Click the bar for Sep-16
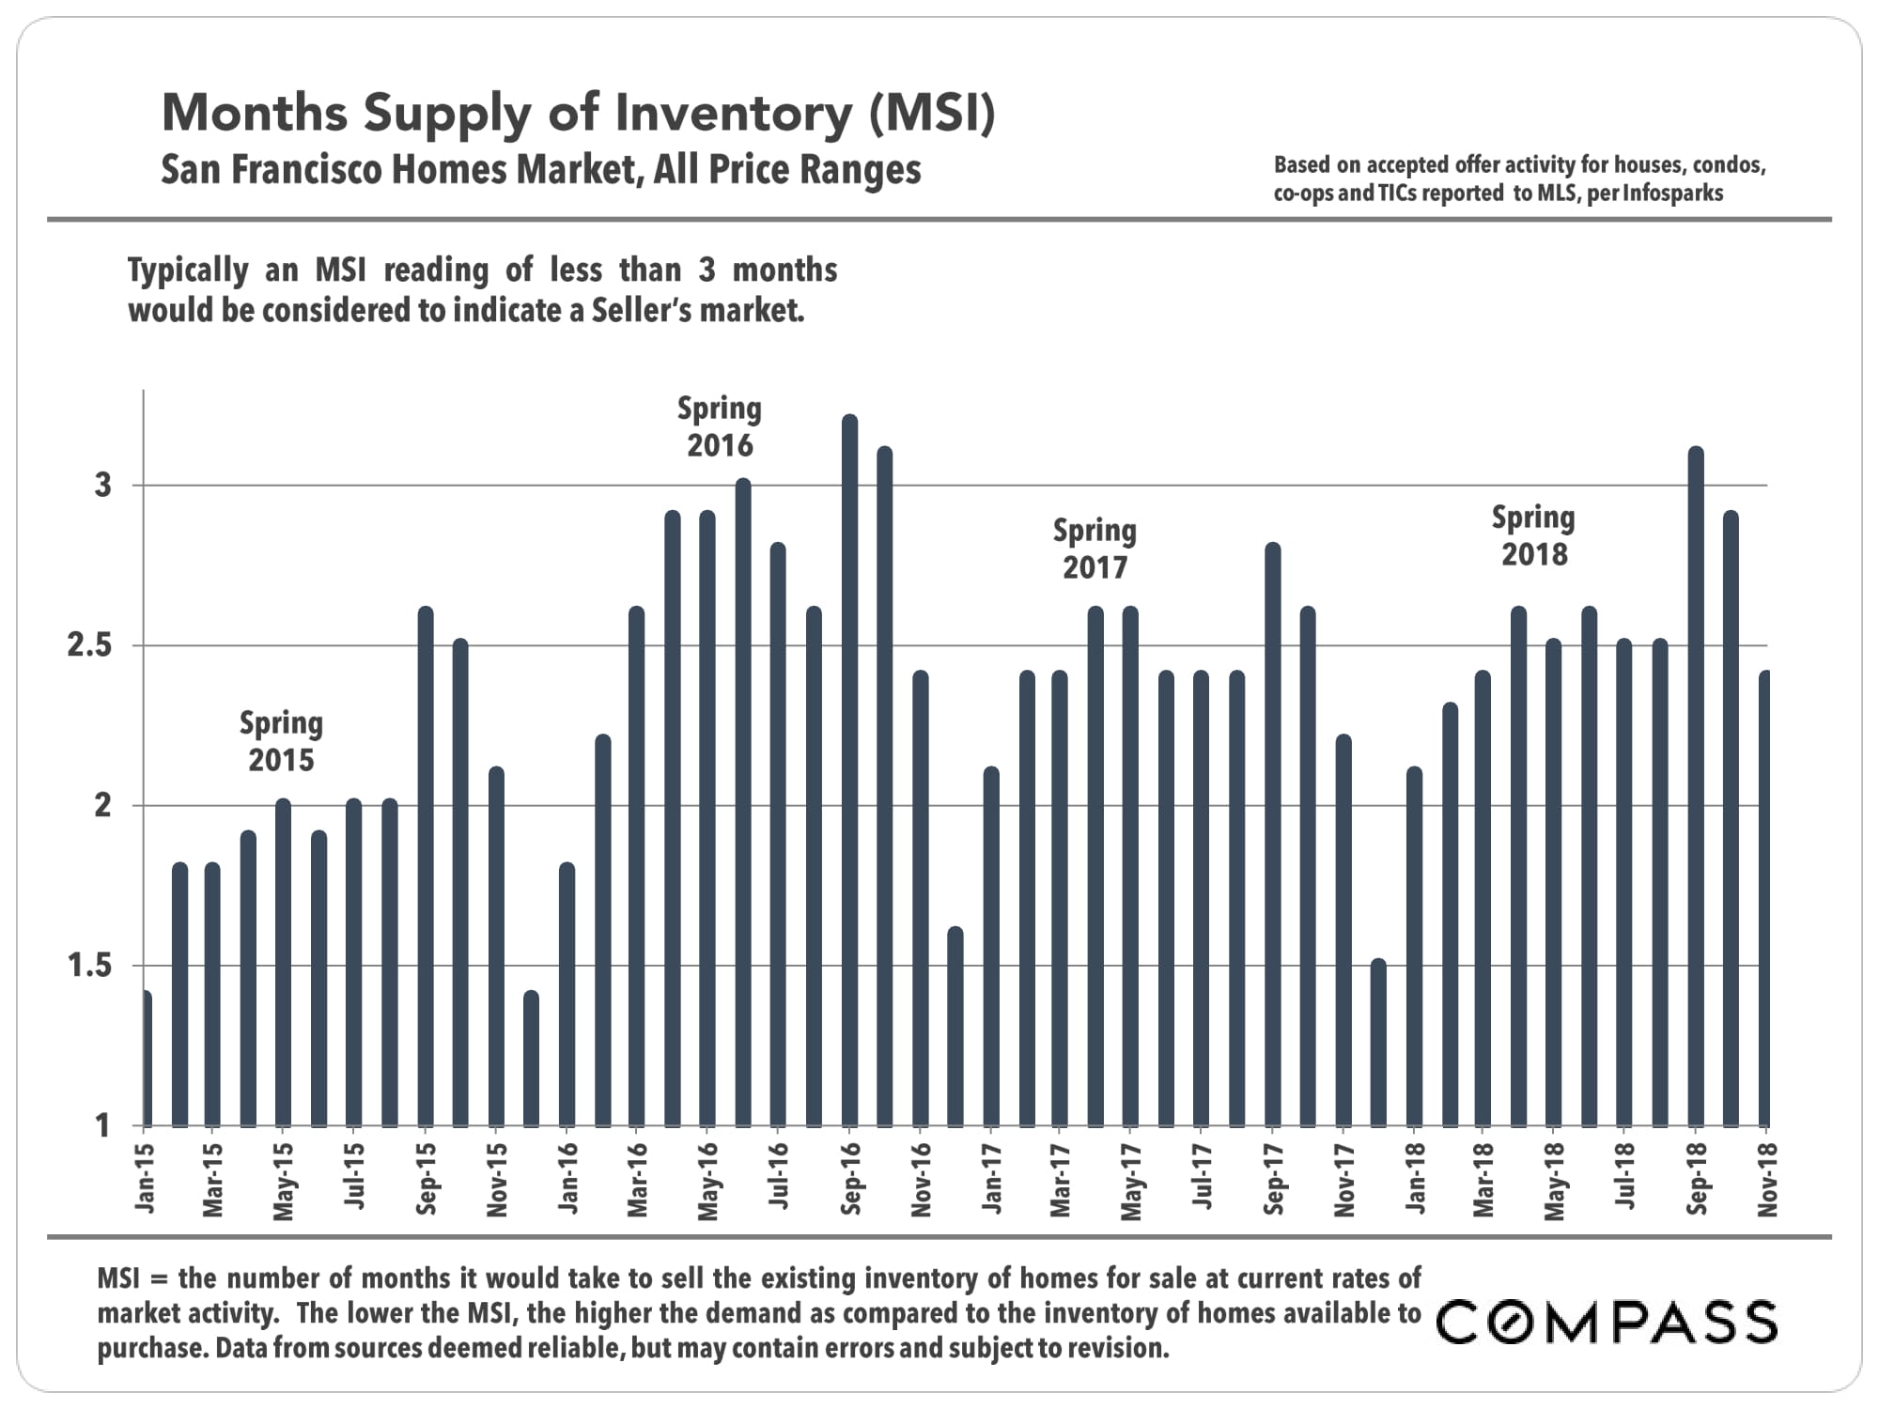coord(849,770)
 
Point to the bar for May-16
coord(707,818)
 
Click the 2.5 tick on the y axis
coord(89,646)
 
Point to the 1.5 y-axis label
coord(89,967)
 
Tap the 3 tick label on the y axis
coord(102,486)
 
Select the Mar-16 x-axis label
coord(638,1180)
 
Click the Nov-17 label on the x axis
coord(1344,1180)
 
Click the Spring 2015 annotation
coord(281,741)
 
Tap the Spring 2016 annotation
coord(720,426)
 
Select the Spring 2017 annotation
coord(1095,549)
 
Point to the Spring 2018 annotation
coord(1533,535)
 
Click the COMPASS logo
coord(1607,1322)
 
